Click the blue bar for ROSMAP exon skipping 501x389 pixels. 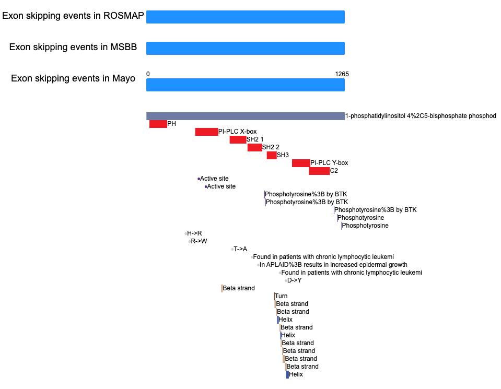click(246, 17)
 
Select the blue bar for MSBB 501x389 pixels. click(246, 48)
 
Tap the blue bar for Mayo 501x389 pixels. click(246, 85)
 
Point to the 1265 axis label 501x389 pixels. click(342, 74)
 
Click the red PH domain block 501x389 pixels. click(158, 124)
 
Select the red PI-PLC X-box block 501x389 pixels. click(207, 132)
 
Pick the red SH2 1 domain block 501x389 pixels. click(238, 139)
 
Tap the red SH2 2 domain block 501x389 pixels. click(254, 147)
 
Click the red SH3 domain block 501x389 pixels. click(272, 155)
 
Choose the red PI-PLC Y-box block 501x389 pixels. click(301, 163)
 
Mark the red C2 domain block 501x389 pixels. click(319, 171)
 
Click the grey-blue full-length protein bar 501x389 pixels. click(246, 116)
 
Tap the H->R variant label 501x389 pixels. click(194, 233)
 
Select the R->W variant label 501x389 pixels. click(199, 241)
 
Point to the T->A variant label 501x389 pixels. click(240, 249)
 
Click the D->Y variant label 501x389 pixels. click(294, 280)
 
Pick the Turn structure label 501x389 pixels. click(281, 296)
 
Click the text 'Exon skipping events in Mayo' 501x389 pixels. click(73, 78)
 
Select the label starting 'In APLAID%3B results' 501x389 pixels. click(333, 265)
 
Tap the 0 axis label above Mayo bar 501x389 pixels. click(148, 74)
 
